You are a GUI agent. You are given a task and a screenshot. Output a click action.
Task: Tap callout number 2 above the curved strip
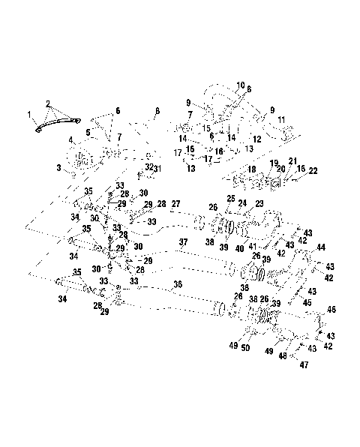tap(47, 103)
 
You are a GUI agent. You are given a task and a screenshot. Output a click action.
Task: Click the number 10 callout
tap(241, 85)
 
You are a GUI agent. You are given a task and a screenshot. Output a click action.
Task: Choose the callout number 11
tap(280, 120)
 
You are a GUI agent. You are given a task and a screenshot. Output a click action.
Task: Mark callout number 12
tap(256, 139)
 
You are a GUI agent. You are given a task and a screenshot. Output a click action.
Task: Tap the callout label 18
tap(252, 170)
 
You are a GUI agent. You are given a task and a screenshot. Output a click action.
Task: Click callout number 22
tap(313, 172)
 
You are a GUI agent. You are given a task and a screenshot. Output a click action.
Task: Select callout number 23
tap(259, 203)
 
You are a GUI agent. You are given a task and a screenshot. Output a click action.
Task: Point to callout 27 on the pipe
tap(175, 204)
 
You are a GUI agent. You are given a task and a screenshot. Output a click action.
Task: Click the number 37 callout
tap(182, 241)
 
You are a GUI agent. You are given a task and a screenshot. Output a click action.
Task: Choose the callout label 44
tap(321, 247)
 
